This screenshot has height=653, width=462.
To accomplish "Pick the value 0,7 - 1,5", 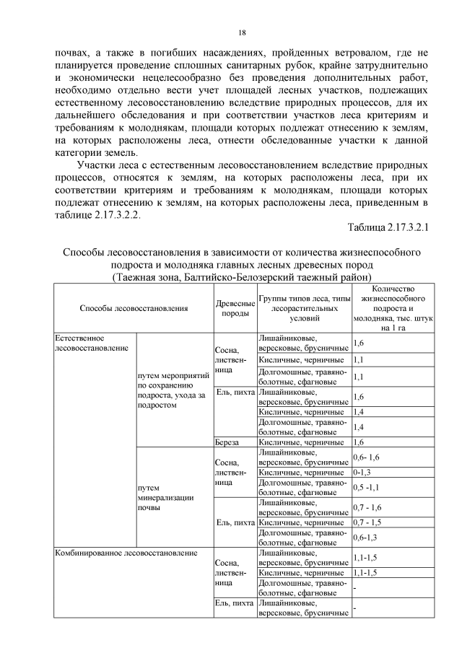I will [368, 522].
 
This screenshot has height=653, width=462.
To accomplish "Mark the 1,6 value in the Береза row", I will [359, 442].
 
